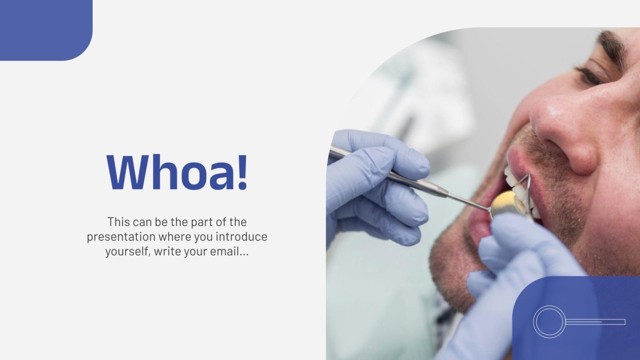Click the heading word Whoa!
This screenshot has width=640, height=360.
click(177, 172)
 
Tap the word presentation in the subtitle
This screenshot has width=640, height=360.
click(121, 237)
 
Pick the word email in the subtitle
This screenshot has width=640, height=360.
click(223, 251)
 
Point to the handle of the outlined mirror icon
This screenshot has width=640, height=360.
click(596, 322)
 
